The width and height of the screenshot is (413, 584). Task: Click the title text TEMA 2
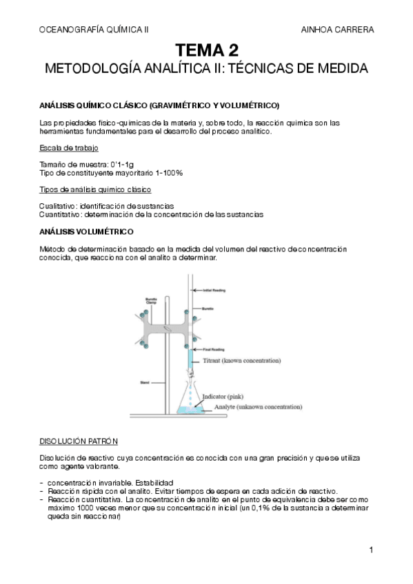tap(206, 50)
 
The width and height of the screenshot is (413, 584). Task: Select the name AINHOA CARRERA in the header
tap(338, 30)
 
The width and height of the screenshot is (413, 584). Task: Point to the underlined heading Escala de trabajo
tap(68, 149)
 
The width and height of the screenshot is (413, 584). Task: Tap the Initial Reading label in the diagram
tap(212, 289)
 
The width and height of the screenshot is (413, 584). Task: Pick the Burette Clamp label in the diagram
tap(152, 301)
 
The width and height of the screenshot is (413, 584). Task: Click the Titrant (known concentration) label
tap(242, 360)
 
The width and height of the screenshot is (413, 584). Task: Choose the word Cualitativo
tap(57, 206)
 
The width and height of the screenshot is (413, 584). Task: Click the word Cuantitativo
tap(60, 214)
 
